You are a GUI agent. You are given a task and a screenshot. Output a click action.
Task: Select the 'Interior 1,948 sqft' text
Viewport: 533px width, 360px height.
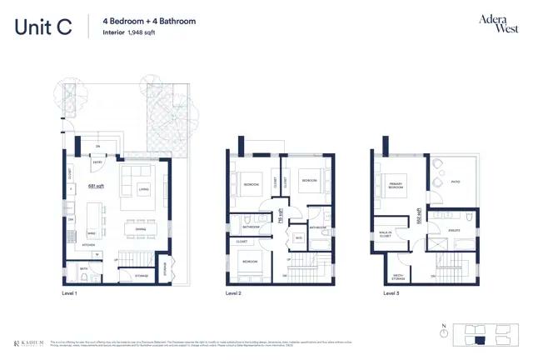point(130,32)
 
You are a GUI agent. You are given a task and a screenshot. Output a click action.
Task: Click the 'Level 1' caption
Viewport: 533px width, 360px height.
point(69,293)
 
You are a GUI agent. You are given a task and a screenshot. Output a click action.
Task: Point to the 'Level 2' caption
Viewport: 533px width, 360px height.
point(234,293)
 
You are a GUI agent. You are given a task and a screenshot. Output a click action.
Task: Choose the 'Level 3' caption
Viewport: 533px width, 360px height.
point(392,293)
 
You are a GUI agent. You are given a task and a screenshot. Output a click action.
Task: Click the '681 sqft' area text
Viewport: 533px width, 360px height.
point(97,187)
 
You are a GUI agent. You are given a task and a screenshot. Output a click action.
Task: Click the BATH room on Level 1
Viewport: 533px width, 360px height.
point(84,269)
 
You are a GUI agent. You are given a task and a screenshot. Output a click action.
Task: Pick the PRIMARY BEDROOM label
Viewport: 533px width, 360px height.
point(396,186)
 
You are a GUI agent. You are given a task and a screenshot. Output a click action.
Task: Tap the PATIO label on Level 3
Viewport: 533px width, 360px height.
point(456,182)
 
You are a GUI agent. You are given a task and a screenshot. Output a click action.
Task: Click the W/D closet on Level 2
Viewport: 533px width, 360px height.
point(299,238)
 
